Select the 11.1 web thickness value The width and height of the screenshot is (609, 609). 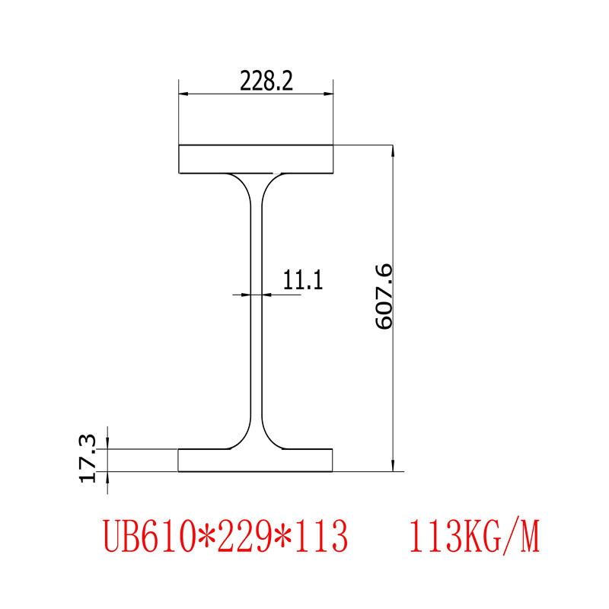[304, 281]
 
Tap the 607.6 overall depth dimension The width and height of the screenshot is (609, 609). [383, 296]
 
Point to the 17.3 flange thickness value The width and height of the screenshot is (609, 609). [88, 458]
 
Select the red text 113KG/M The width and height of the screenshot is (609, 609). [474, 537]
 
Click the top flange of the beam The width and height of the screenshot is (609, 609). [256, 158]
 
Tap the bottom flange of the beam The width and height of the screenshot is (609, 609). [256, 460]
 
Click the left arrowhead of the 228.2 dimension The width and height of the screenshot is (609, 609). [183, 94]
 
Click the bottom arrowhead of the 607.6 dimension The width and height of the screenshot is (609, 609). [393, 466]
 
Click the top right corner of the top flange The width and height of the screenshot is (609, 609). [333, 145]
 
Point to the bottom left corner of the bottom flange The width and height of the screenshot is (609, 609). [179, 471]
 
